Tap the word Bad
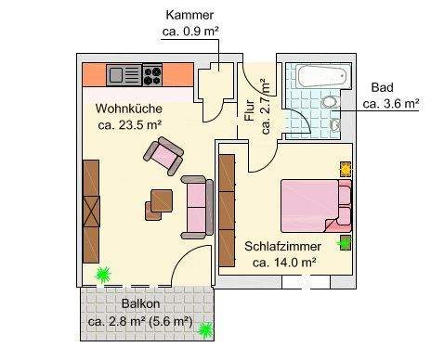coord(381,87)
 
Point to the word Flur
coord(249,111)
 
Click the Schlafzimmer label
coord(283,247)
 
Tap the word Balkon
coord(140,304)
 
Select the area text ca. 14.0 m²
coord(283,263)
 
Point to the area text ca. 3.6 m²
coord(390,103)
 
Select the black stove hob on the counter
coord(151,74)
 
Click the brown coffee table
coord(161,199)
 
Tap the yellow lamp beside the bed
coord(346,170)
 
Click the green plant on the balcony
coord(205,328)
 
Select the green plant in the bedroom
coord(345,243)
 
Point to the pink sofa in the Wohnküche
coord(196,204)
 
